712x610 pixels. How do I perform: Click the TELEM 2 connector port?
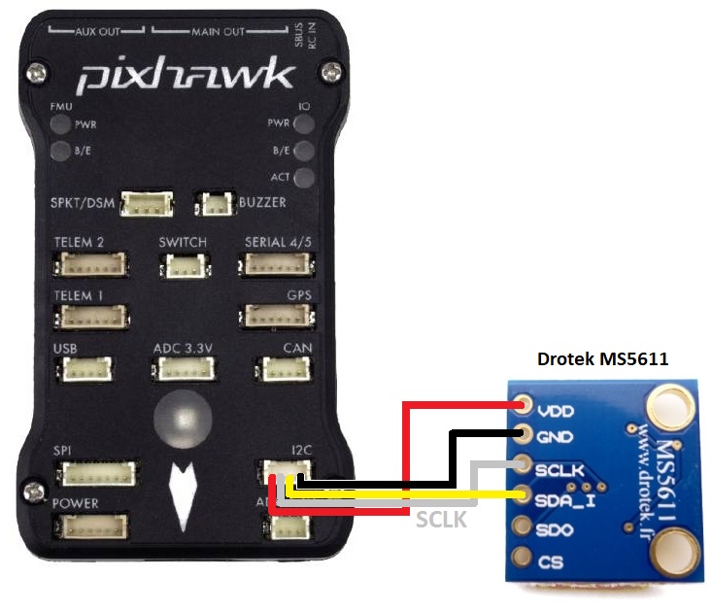93,264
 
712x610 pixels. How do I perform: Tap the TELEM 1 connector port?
93,317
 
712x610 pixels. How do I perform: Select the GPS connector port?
278,317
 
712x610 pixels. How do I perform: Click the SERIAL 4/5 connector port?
278,264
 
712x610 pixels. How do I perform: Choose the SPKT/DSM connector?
146,205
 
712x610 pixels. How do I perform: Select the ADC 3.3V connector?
180,369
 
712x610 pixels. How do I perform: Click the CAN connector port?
281,369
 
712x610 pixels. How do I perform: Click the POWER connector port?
93,527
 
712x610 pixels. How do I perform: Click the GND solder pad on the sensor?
526,435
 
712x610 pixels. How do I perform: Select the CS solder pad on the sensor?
526,560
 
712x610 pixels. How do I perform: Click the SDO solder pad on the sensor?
526,528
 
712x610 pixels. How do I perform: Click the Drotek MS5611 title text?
602,359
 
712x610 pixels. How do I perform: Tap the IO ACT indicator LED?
305,178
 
